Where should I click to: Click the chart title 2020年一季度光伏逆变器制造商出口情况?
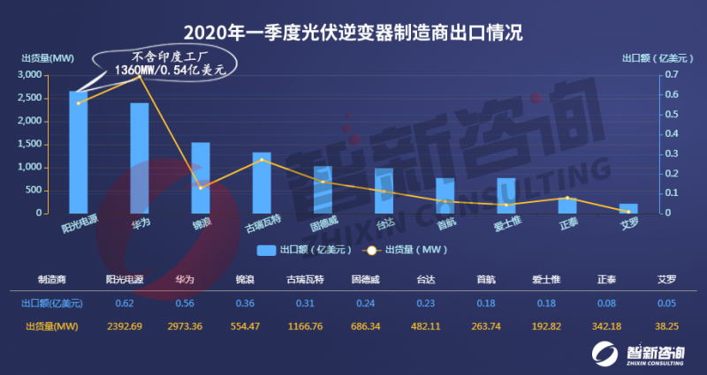pos(353,34)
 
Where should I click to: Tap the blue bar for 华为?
pos(140,158)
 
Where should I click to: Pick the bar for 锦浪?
pos(201,177)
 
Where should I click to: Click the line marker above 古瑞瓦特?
pos(262,160)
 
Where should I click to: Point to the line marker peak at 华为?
pos(140,78)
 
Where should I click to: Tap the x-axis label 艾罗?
pos(627,224)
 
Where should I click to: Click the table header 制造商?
pos(51,280)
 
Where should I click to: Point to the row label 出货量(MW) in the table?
pos(51,326)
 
